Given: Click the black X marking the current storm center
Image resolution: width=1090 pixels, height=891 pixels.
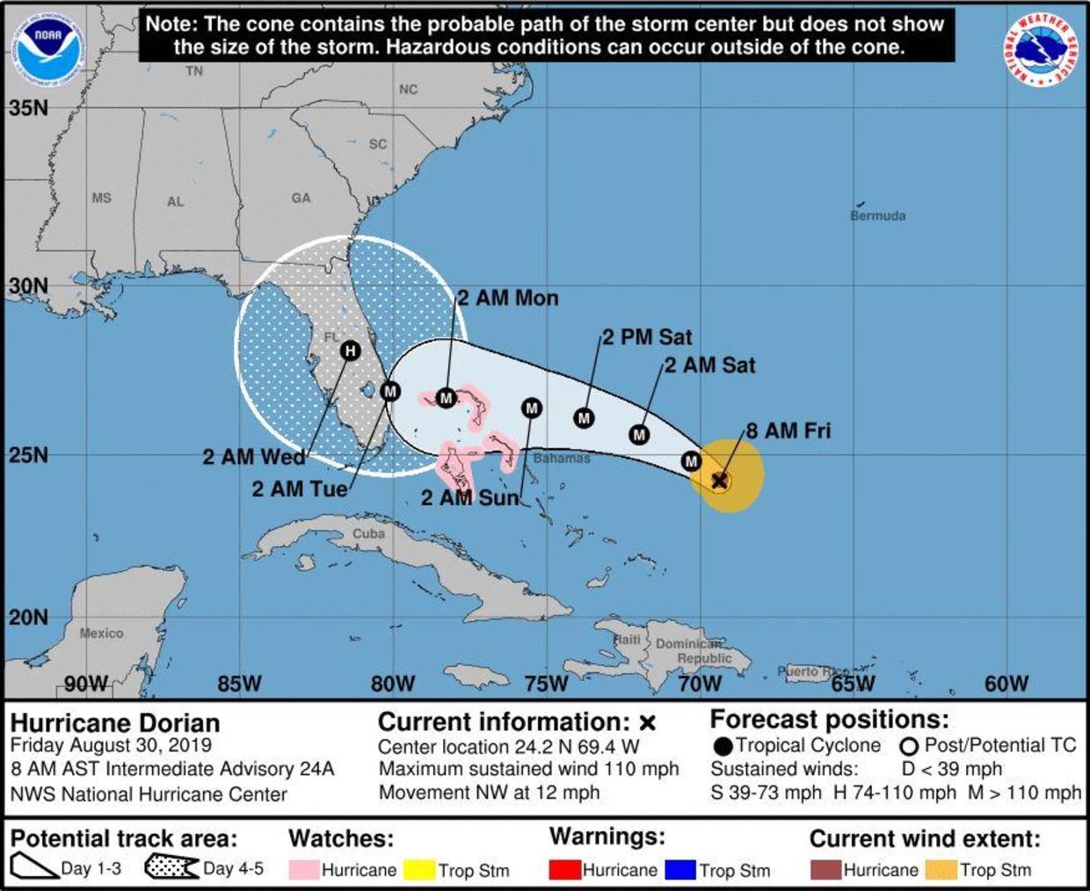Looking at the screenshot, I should click(719, 480).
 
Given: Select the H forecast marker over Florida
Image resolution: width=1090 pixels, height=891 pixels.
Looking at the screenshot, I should click(351, 351).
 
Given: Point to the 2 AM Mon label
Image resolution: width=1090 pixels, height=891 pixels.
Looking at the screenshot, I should click(508, 298).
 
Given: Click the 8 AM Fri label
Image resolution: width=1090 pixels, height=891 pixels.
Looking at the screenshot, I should click(788, 431).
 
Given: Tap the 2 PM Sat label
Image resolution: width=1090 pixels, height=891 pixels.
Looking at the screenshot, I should click(647, 337).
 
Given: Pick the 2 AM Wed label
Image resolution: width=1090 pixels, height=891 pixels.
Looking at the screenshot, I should click(254, 457).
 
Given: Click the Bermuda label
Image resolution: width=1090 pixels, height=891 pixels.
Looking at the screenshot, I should click(877, 215).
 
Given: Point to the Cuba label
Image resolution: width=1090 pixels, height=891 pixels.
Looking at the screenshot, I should click(368, 533).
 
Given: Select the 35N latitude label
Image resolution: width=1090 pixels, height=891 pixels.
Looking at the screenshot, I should click(29, 108).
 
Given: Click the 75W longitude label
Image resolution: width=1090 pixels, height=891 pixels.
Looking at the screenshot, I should click(546, 683).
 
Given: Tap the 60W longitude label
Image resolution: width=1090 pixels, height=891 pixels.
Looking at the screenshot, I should click(1006, 683).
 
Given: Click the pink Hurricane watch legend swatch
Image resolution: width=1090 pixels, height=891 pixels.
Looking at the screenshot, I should click(303, 870).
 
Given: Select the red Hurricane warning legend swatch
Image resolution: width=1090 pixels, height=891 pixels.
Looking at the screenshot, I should click(564, 870).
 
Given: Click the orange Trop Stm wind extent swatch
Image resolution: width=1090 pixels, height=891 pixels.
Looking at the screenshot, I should click(941, 870).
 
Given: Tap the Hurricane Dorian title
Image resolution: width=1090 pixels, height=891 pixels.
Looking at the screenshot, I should click(115, 723).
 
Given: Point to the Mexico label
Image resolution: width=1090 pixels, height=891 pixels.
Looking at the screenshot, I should click(101, 633).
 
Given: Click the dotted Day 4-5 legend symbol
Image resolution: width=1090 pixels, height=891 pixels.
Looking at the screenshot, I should click(171, 867).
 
